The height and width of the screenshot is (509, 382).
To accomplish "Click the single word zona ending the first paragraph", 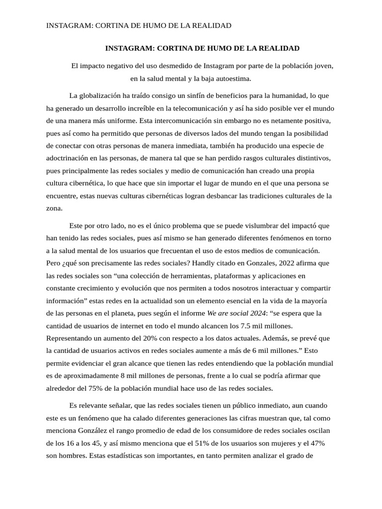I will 54,208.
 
